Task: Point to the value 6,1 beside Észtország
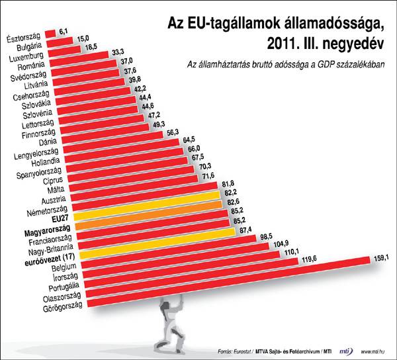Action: pyautogui.click(x=64, y=31)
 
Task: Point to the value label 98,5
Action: pyautogui.click(x=266, y=236)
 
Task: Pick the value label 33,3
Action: pyautogui.click(x=119, y=51)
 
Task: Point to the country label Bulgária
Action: pyautogui.click(x=31, y=48)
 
